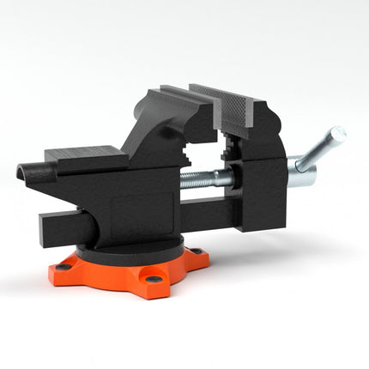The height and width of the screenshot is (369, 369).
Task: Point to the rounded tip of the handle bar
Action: pos(339,133)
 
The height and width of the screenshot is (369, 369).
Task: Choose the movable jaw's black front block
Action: pos(263,193)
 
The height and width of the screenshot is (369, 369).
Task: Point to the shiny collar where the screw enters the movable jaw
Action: pos(224,178)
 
